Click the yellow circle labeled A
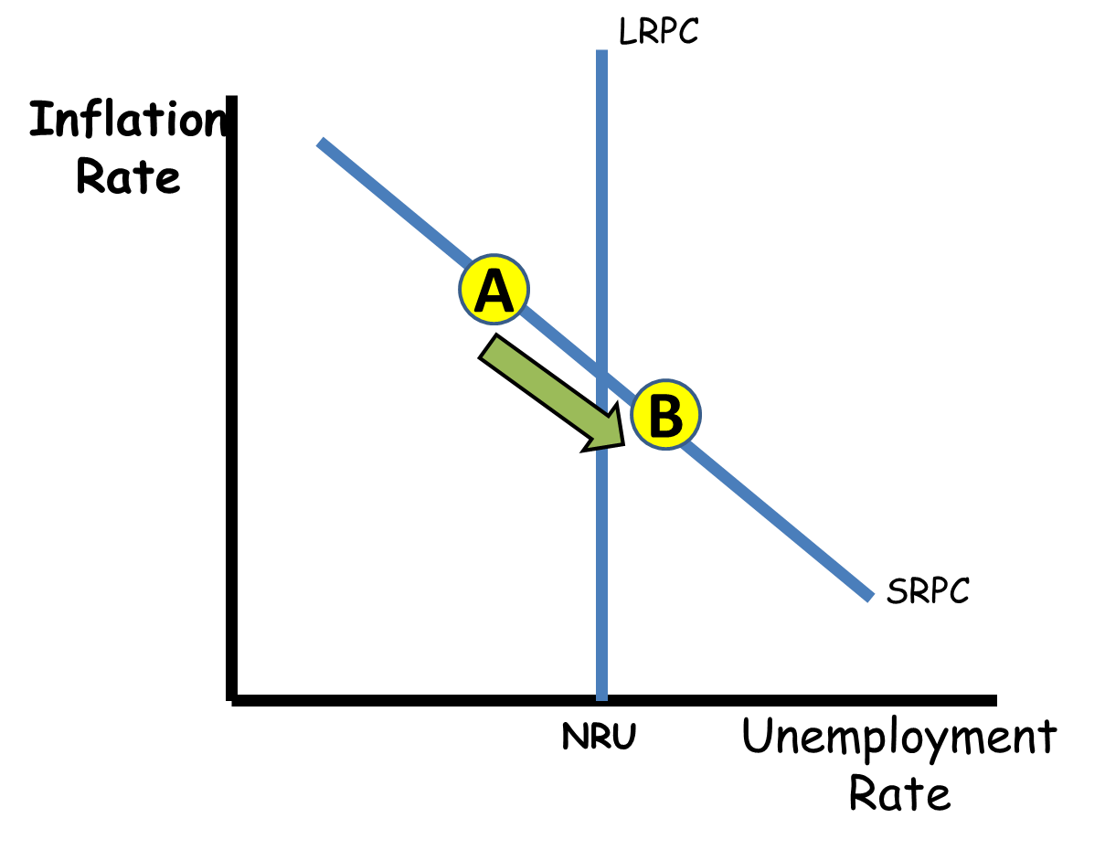[x=494, y=289]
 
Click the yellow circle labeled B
[x=665, y=414]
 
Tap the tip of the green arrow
[x=624, y=445]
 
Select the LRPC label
[x=659, y=31]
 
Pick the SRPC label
[x=928, y=591]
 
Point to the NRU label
[x=599, y=736]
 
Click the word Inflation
[x=128, y=119]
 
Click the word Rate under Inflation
[x=128, y=177]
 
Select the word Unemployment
[x=899, y=737]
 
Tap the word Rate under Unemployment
[x=899, y=793]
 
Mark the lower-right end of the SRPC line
[x=871, y=599]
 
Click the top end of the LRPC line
[x=601, y=50]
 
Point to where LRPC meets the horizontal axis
[x=601, y=699]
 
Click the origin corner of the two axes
[x=232, y=700]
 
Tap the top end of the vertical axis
[x=232, y=96]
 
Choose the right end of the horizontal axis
[x=996, y=700]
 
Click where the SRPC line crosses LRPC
[x=601, y=375]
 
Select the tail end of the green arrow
[x=487, y=346]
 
